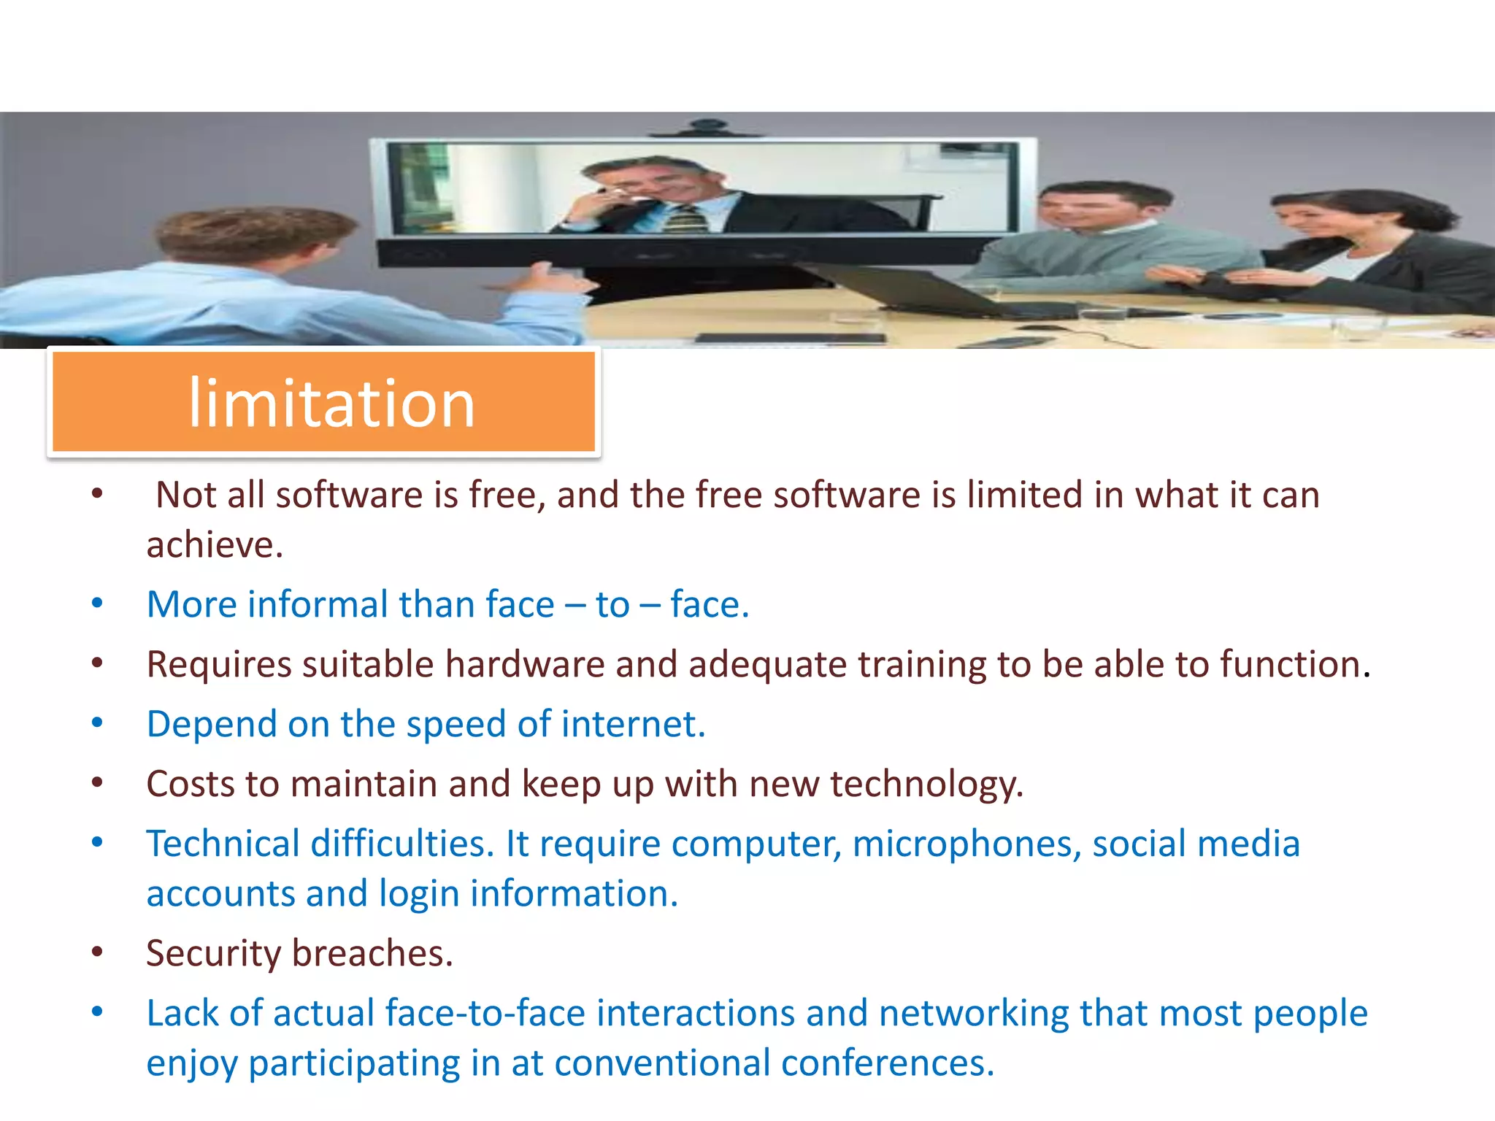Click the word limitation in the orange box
[x=332, y=403]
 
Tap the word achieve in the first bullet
[x=213, y=544]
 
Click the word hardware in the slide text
[x=524, y=664]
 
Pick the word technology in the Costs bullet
[x=926, y=785]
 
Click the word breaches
[x=372, y=954]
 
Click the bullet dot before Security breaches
[x=97, y=952]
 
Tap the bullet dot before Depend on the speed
[x=97, y=723]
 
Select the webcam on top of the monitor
[x=704, y=128]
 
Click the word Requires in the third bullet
[x=218, y=664]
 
